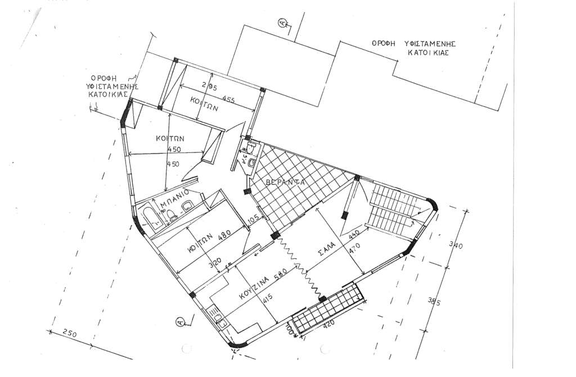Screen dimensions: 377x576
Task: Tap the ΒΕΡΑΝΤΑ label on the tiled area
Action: [x=286, y=183]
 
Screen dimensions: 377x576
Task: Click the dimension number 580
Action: [x=281, y=275]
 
